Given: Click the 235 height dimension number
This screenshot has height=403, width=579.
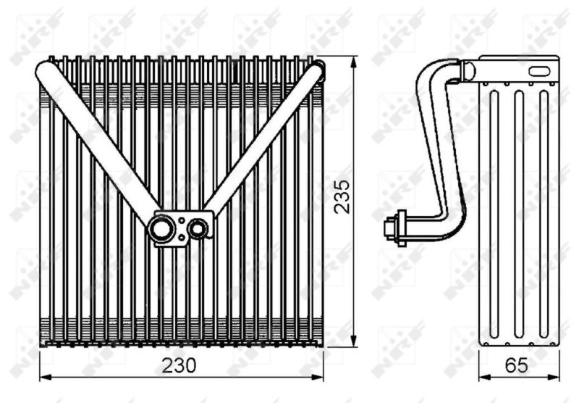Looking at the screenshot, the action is (x=342, y=196).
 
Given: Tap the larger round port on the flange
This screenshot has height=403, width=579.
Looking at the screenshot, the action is (x=161, y=229).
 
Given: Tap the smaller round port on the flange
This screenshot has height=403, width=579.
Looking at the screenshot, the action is (x=198, y=229).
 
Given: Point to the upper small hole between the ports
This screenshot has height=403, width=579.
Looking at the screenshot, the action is (x=182, y=221).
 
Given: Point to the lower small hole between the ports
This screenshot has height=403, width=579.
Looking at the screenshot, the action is (x=182, y=237).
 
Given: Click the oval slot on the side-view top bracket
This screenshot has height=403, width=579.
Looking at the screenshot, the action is (x=539, y=71).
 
